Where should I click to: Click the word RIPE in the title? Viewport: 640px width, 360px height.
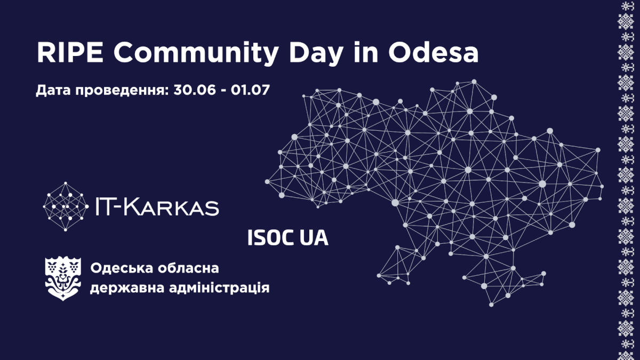pyautogui.click(x=70, y=53)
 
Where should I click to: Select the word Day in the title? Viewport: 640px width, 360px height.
pyautogui.click(x=315, y=55)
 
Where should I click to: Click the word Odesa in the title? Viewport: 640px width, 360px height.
pyautogui.click(x=433, y=53)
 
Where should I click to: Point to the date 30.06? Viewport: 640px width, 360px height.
pyautogui.click(x=194, y=90)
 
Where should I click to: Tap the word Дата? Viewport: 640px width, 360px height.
pyautogui.click(x=54, y=91)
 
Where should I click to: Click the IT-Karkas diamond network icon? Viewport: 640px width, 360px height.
pyautogui.click(x=66, y=206)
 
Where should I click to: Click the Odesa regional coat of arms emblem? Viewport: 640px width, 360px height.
pyautogui.click(x=63, y=278)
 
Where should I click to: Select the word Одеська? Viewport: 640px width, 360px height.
pyautogui.click(x=122, y=268)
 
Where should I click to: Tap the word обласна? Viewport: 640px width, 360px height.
pyautogui.click(x=188, y=268)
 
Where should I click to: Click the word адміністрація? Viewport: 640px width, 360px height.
pyautogui.click(x=219, y=287)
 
